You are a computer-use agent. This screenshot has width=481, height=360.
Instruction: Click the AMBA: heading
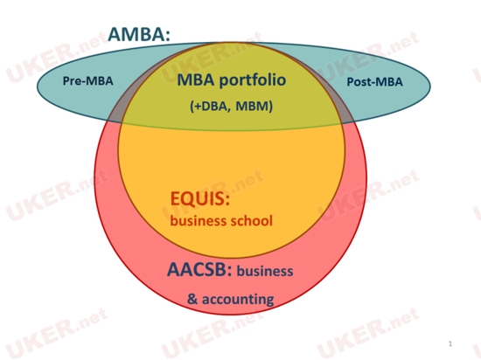point(139,34)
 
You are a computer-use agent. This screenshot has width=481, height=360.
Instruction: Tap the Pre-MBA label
point(88,81)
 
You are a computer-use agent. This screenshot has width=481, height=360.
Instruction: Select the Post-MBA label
point(374,82)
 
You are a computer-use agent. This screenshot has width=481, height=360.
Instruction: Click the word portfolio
point(253,80)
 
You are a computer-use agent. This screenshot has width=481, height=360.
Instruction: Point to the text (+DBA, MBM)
point(231,106)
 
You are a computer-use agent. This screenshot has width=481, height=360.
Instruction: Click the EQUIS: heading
point(200,198)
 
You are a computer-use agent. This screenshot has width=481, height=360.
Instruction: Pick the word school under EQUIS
point(251,220)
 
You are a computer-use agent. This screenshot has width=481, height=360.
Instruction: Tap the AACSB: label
point(199,270)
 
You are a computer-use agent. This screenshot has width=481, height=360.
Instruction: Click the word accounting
point(238,300)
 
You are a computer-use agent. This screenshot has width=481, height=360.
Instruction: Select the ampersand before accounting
point(192,299)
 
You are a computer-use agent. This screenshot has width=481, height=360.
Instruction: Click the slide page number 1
point(450,343)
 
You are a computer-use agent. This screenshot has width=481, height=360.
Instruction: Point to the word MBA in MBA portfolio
point(196,80)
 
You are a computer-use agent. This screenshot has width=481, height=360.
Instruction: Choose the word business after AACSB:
point(265,271)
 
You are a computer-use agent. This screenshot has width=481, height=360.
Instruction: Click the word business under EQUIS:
point(199,220)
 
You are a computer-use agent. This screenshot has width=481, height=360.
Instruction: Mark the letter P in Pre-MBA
point(66,81)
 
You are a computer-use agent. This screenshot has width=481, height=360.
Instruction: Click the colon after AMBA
point(167,36)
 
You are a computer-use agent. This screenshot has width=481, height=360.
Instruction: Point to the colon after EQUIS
point(227,200)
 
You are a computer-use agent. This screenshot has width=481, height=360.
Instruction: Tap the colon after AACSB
point(229,272)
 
